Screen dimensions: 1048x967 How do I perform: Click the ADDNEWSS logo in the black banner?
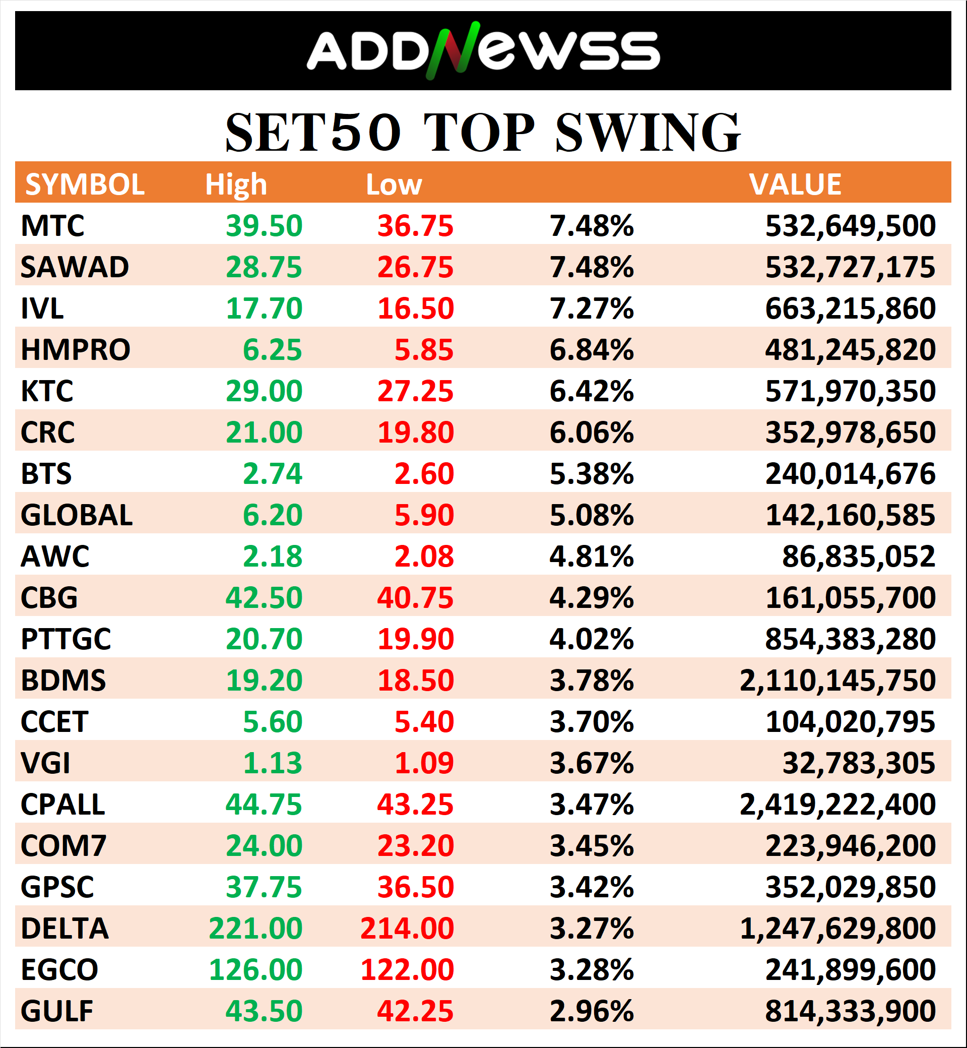point(482,50)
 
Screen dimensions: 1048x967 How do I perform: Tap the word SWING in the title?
point(648,133)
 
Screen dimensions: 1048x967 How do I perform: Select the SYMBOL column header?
point(85,184)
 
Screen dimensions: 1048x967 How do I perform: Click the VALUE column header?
point(795,184)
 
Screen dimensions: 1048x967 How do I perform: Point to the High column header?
point(235,184)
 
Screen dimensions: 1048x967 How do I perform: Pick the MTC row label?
point(52,226)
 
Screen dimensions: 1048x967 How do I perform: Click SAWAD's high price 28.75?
point(264,268)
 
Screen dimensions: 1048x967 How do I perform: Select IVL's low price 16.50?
point(416,309)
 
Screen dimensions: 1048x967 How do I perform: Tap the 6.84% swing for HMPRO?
point(591,350)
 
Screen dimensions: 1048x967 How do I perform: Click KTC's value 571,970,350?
point(850,391)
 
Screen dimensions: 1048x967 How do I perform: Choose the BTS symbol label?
point(46,474)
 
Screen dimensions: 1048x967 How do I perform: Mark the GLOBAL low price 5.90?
point(424,515)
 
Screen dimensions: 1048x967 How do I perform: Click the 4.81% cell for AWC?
point(591,557)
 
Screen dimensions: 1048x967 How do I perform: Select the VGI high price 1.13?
point(273,763)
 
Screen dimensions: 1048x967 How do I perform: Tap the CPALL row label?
point(63,805)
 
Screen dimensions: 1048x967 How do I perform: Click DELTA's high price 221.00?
point(255,929)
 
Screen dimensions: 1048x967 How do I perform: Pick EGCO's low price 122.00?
point(407,970)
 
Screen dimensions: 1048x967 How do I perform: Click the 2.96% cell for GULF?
point(591,1011)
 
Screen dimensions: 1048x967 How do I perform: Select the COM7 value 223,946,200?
point(850,846)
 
